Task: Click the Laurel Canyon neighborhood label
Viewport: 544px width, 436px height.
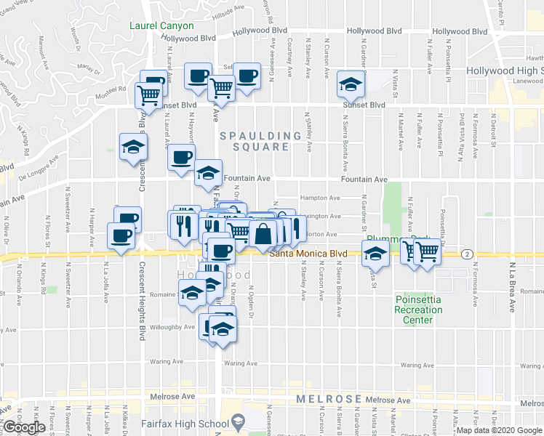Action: pos(161,25)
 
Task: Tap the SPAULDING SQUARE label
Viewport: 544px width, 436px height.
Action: pos(261,141)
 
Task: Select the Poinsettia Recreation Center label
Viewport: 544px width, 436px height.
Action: pos(418,310)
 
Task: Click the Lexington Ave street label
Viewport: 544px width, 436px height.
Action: pos(322,216)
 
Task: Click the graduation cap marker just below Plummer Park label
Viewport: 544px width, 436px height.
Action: pos(375,255)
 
